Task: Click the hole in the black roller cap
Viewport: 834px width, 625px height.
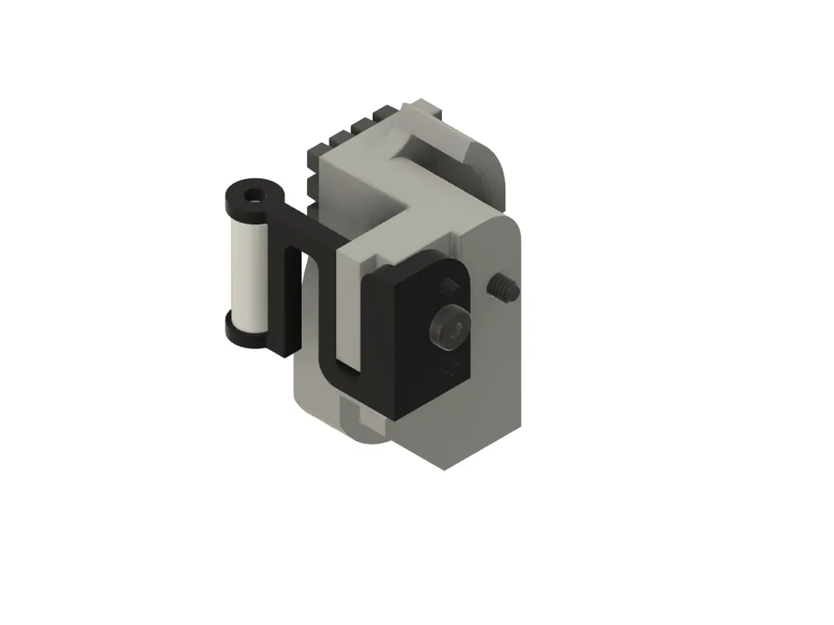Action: [253, 198]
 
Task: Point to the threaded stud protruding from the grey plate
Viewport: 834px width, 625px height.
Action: [503, 287]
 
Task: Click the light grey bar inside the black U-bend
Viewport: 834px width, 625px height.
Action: [350, 308]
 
